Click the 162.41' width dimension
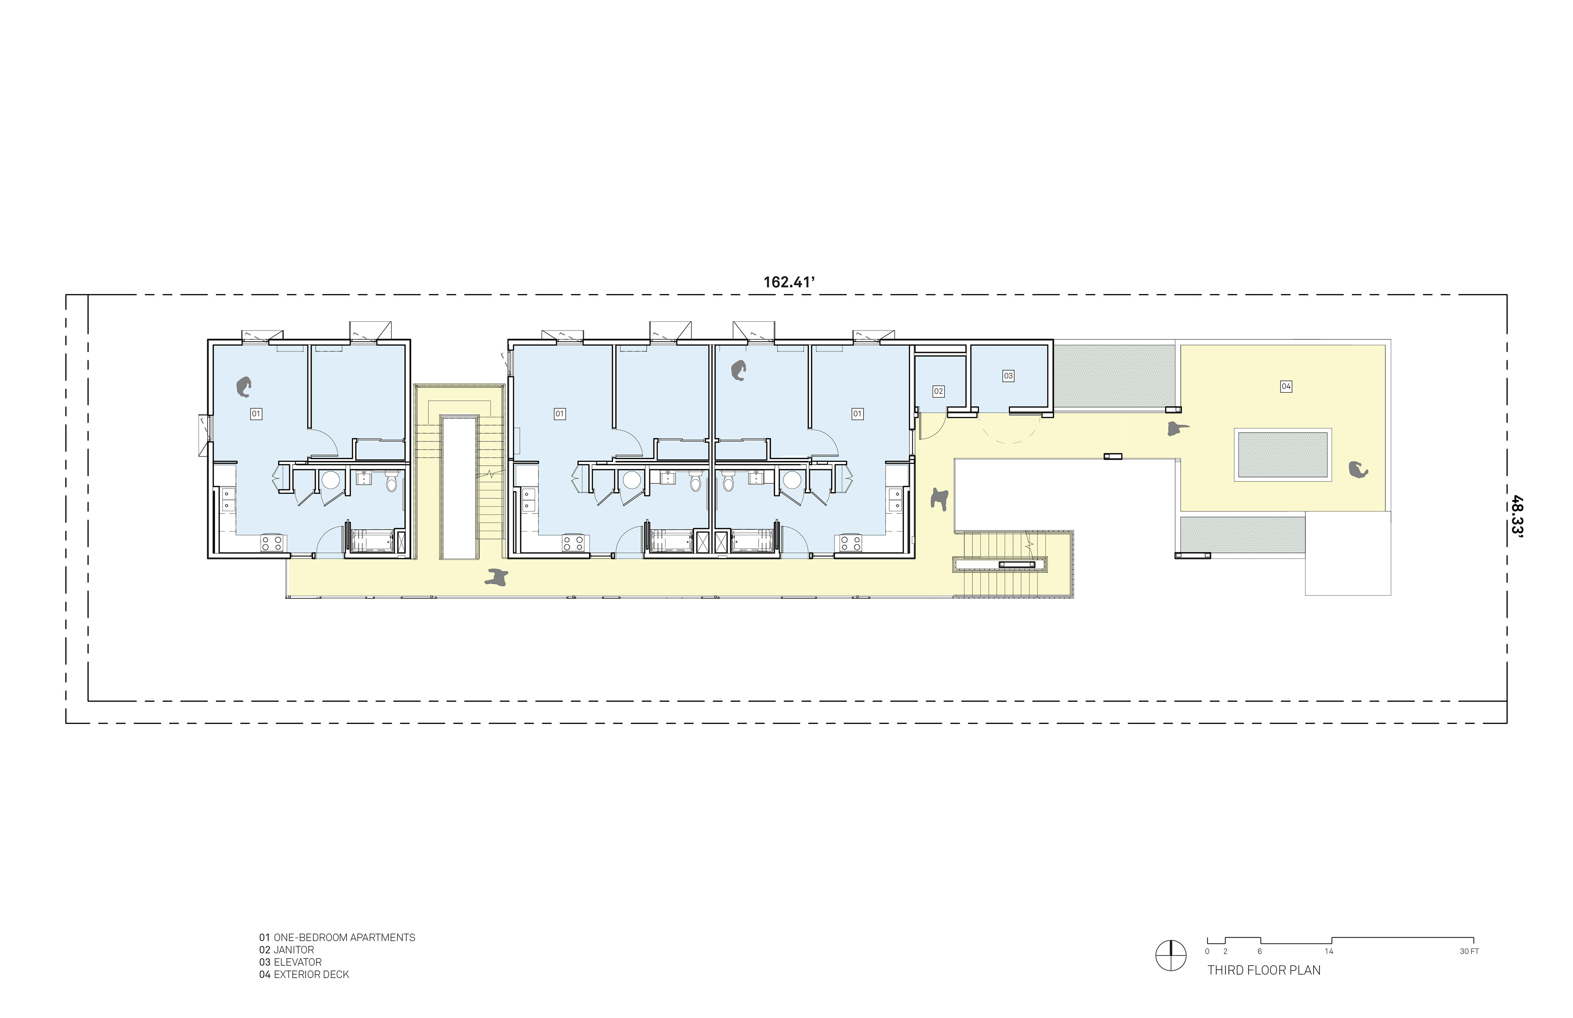[x=789, y=282]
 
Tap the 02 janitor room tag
[x=938, y=391]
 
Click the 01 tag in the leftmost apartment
[x=256, y=414]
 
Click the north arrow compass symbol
[x=1170, y=955]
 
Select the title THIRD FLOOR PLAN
[x=1264, y=970]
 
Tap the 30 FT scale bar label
[x=1469, y=951]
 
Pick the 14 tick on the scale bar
[x=1328, y=951]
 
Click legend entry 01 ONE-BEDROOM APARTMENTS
[x=337, y=937]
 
